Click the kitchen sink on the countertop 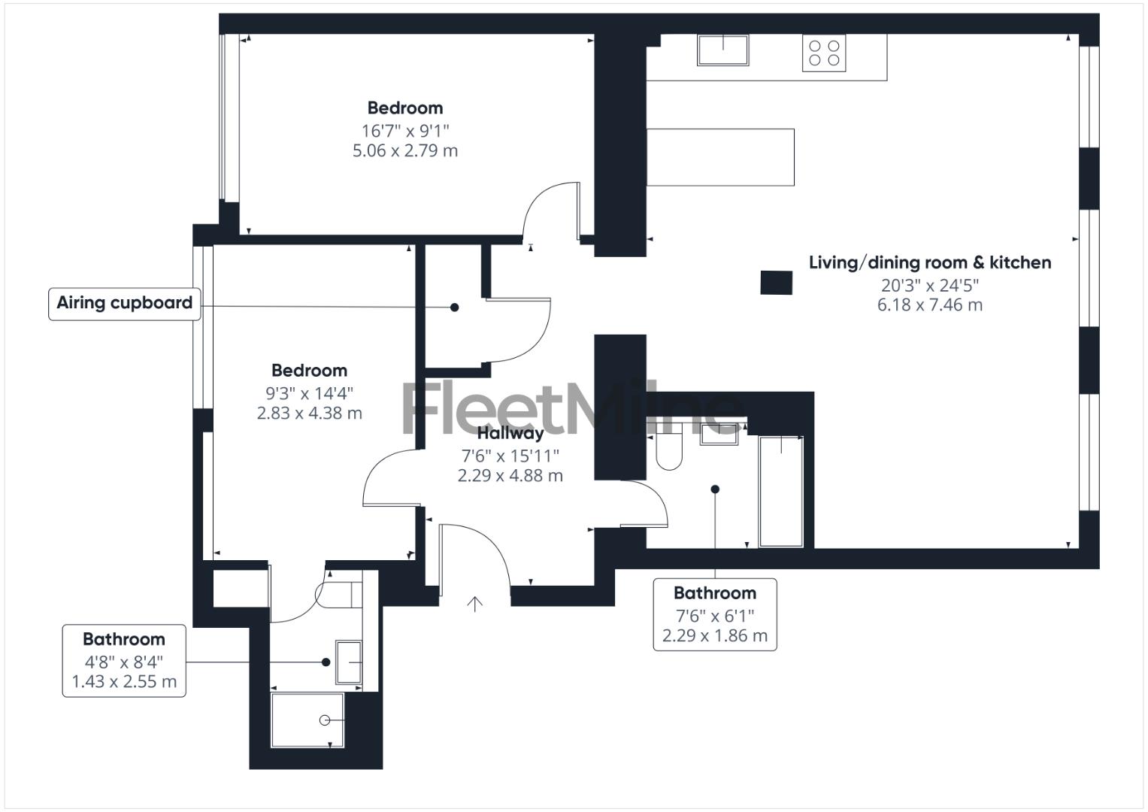click(x=722, y=50)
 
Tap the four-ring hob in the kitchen click(x=823, y=53)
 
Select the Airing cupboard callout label click(x=125, y=303)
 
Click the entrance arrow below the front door click(x=474, y=603)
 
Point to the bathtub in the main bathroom click(x=780, y=490)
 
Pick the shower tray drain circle click(x=325, y=720)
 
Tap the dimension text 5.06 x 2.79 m click(x=405, y=150)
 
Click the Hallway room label click(x=510, y=433)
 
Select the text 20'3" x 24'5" click(x=930, y=285)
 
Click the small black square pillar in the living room click(x=777, y=283)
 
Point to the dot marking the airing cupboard click(x=454, y=307)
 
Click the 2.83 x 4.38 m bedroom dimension click(x=309, y=413)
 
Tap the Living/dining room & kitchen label click(x=930, y=262)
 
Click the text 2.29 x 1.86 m click(x=715, y=636)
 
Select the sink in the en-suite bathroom click(x=348, y=662)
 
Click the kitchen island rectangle click(x=720, y=156)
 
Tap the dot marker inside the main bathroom click(x=715, y=489)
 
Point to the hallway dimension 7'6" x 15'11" click(x=510, y=456)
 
